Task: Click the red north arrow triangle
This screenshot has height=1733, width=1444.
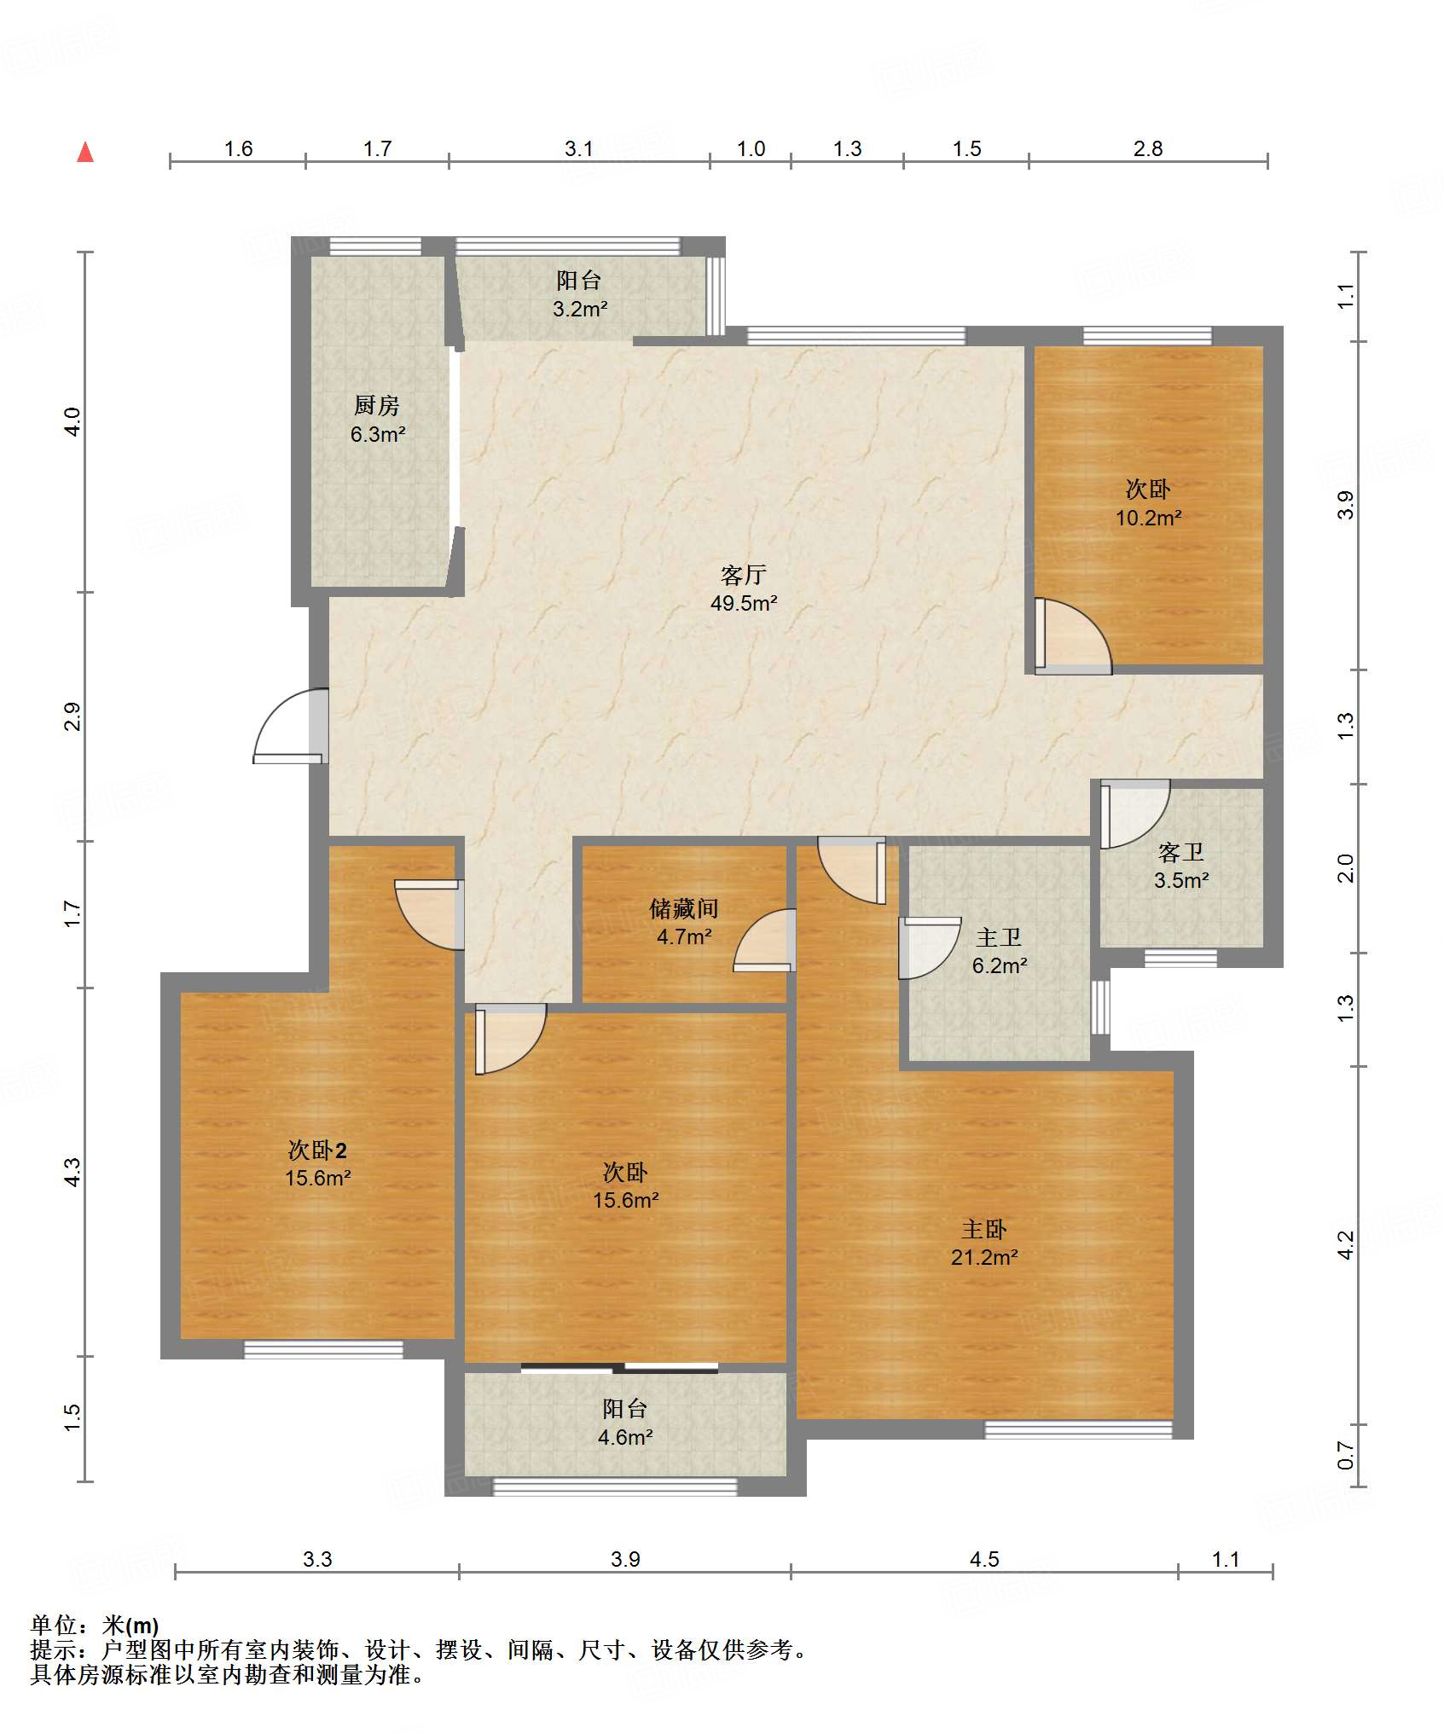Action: tap(85, 152)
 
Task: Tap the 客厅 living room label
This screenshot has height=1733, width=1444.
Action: tap(744, 575)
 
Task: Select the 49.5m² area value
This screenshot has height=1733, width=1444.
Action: tap(744, 604)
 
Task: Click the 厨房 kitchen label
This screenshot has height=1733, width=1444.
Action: tap(377, 405)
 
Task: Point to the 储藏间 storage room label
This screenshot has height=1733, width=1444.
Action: tap(684, 908)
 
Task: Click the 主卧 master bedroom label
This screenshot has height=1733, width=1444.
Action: tap(984, 1229)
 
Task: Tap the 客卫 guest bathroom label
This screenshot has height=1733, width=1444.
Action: tap(1181, 852)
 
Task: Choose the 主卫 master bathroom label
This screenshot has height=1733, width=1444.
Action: tap(999, 937)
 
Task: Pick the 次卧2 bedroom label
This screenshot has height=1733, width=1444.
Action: tap(317, 1150)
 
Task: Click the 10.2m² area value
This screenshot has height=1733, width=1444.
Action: tap(1149, 518)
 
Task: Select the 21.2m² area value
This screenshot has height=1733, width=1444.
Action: tap(984, 1257)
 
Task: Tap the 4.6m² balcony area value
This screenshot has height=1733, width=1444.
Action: tap(625, 1437)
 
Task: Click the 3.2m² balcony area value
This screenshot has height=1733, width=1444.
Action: tap(580, 309)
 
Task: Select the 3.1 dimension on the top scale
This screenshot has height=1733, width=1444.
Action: tap(579, 149)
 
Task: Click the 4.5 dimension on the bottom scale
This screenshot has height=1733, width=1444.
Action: tap(984, 1559)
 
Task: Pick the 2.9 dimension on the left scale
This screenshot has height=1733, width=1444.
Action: tap(73, 716)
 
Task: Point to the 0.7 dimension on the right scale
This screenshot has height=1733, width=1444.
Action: tap(1345, 1455)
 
